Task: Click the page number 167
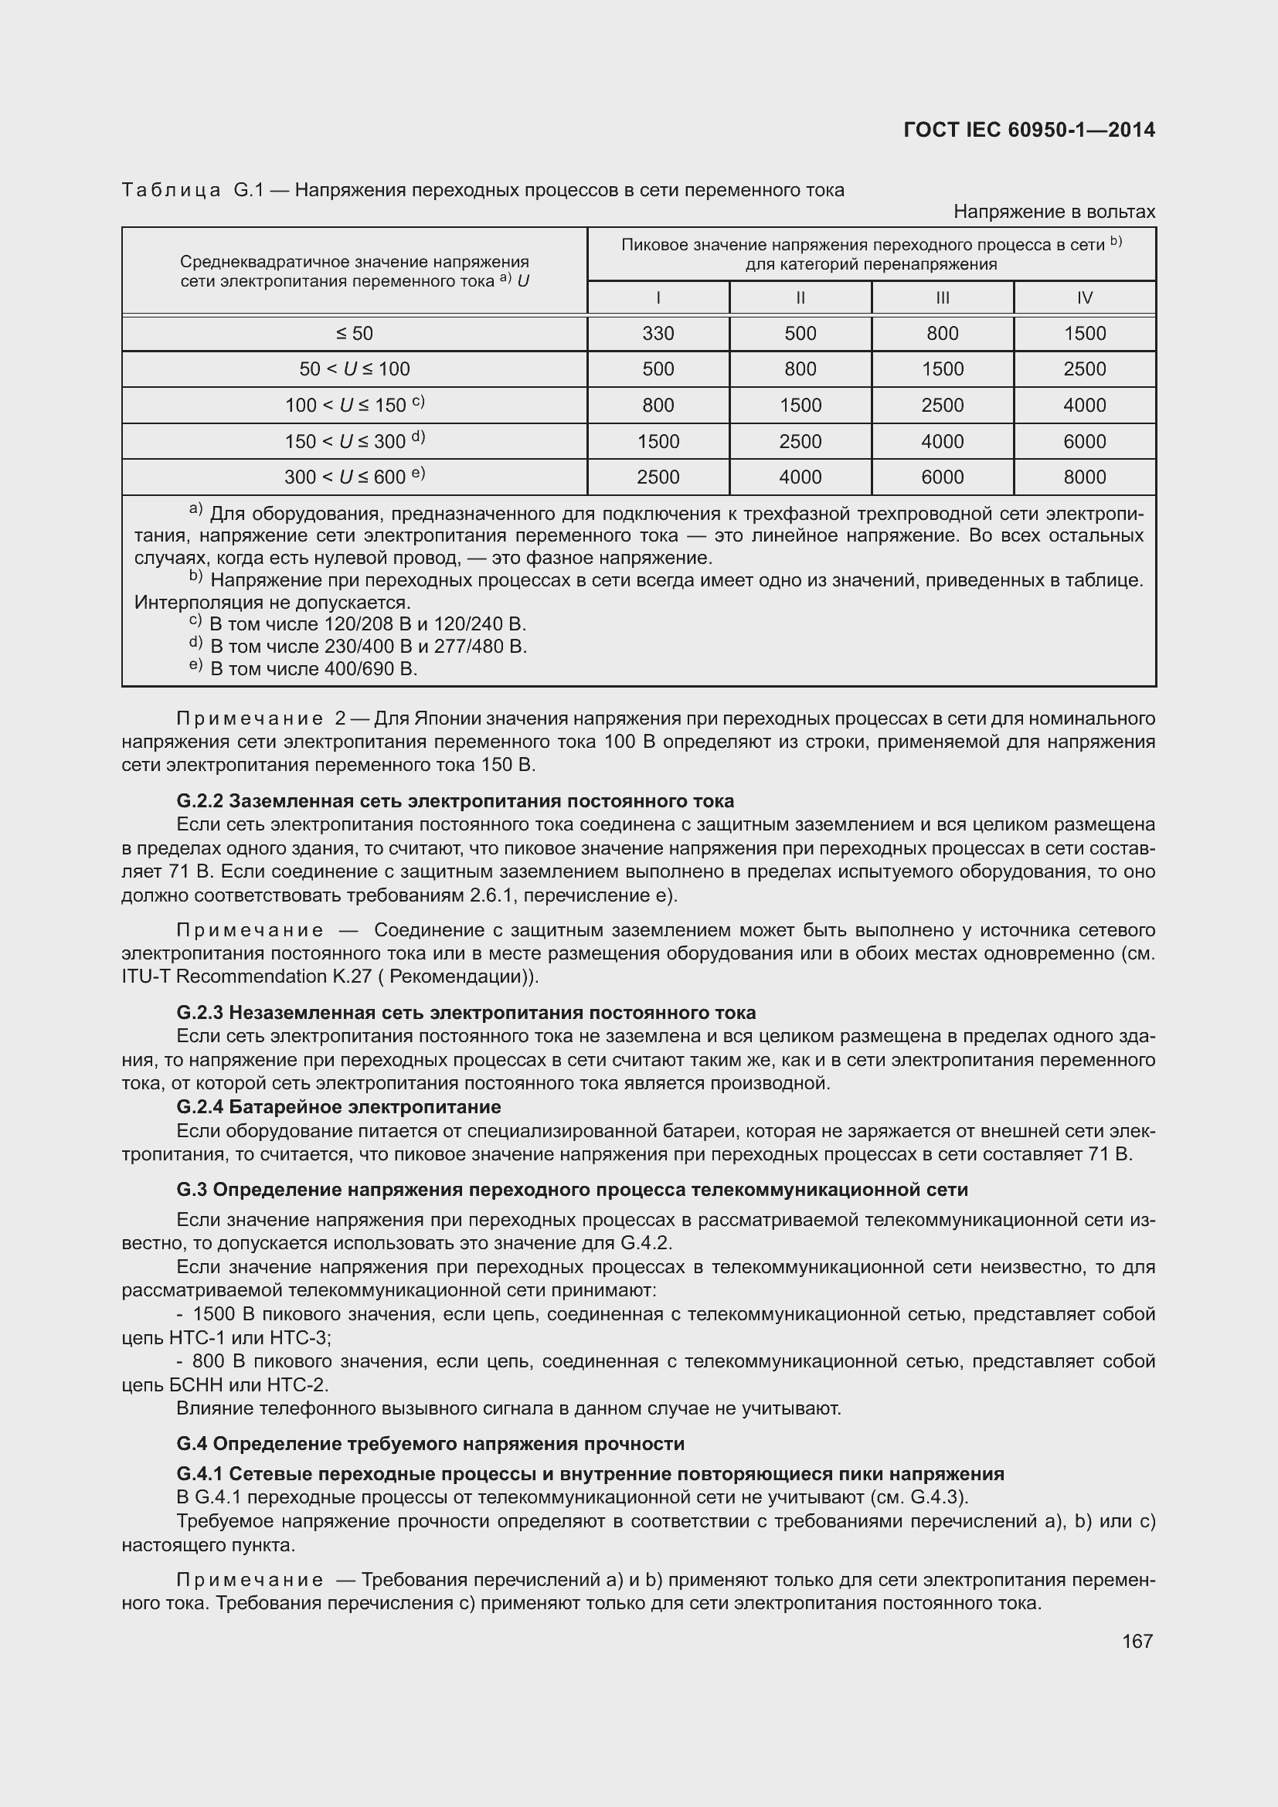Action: point(1137,1641)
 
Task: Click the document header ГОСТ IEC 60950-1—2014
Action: point(1029,130)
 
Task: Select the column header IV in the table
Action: point(1084,297)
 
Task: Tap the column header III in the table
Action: point(942,297)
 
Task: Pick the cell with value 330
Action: point(658,333)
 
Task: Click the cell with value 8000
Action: point(1084,477)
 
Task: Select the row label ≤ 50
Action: point(354,333)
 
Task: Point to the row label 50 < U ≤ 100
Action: point(354,369)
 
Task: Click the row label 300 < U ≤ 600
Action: point(354,477)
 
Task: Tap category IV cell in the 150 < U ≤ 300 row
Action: point(1084,442)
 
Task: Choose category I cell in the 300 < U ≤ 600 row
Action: point(658,477)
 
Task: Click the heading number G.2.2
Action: point(200,801)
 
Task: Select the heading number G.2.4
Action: point(200,1106)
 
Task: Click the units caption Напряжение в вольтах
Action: point(1054,212)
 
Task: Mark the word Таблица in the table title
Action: point(171,191)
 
